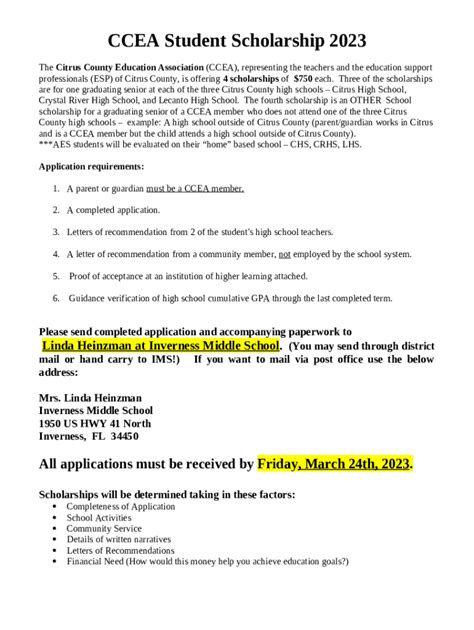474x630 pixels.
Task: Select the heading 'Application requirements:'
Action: click(90, 165)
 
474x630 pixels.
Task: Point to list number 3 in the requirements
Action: click(55, 232)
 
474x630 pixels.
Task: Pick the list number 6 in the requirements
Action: click(55, 298)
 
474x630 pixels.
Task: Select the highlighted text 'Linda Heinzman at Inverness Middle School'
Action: click(161, 344)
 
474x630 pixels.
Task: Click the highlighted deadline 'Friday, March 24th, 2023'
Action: click(334, 464)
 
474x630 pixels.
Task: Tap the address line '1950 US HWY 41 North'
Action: click(96, 423)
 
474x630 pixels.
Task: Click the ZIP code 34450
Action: click(125, 436)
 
